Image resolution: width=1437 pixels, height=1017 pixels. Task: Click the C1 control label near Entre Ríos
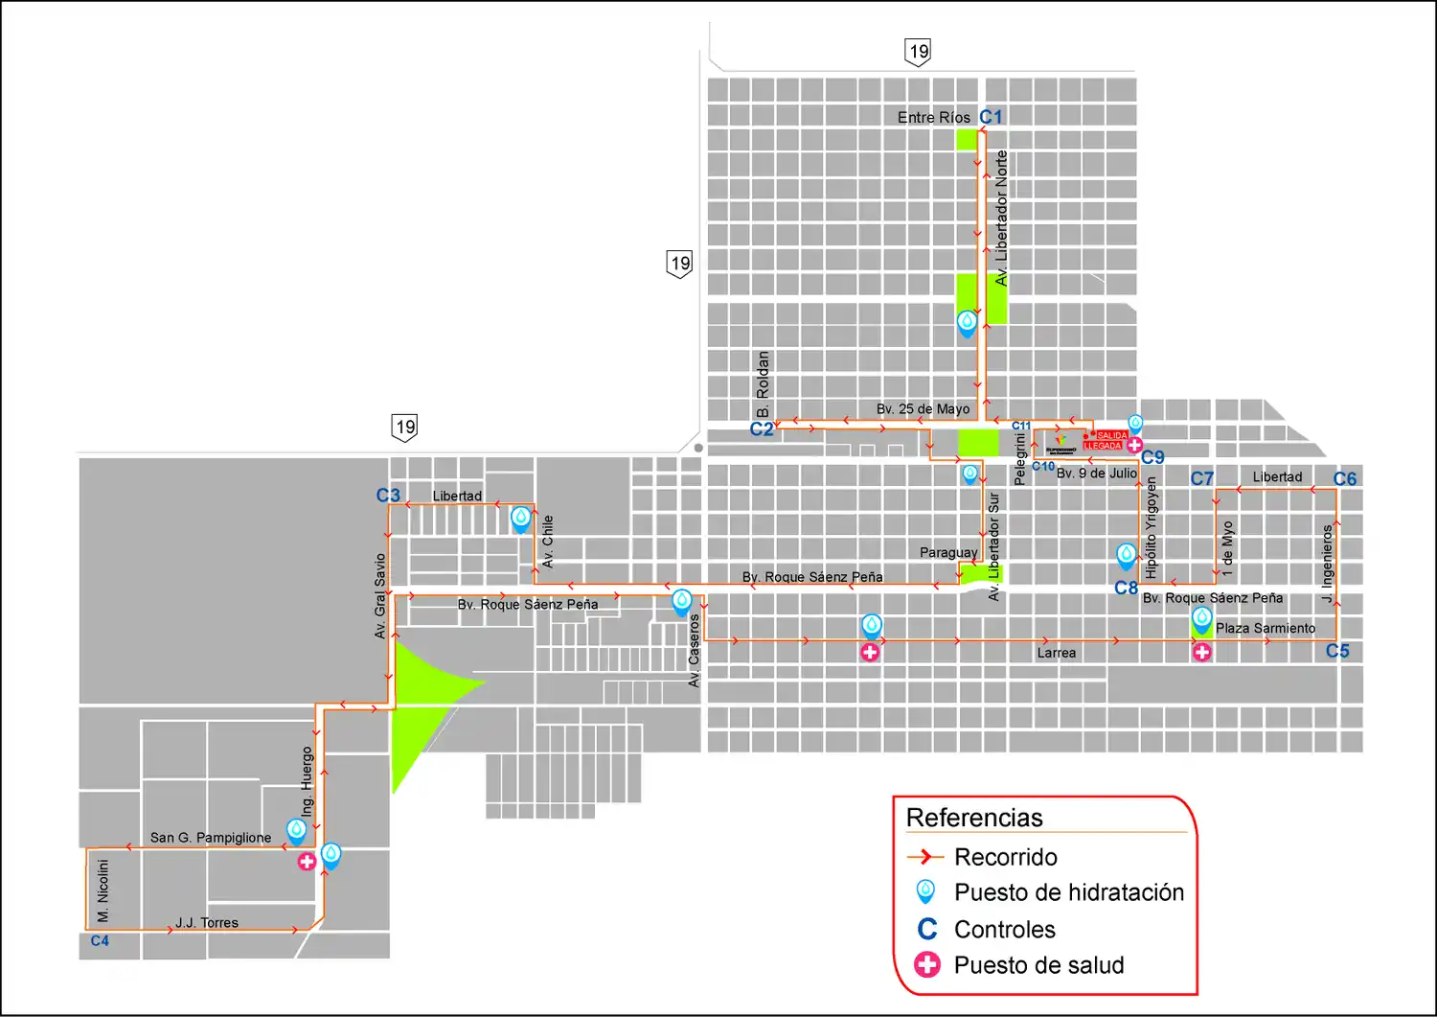click(991, 117)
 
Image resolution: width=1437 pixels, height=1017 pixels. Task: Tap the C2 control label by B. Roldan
click(762, 429)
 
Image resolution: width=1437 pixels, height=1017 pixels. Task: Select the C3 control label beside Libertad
click(388, 496)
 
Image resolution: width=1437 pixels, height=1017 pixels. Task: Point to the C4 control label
click(100, 941)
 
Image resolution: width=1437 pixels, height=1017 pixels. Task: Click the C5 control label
click(1337, 652)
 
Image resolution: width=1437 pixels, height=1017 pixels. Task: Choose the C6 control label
click(1345, 479)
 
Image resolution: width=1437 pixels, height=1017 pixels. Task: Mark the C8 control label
click(1126, 589)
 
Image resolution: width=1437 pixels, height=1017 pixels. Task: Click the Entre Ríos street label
click(933, 118)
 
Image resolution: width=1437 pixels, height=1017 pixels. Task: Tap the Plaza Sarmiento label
click(1266, 629)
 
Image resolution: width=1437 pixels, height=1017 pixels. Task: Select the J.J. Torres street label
click(207, 923)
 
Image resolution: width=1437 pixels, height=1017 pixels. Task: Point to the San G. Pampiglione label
click(211, 838)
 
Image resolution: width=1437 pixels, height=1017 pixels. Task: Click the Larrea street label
click(1056, 654)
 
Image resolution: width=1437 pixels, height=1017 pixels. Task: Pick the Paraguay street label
click(948, 553)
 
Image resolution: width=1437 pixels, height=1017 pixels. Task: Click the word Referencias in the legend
click(974, 818)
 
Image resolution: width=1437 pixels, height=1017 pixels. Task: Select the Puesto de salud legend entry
click(1038, 965)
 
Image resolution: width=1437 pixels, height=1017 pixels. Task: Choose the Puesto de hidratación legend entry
click(1068, 892)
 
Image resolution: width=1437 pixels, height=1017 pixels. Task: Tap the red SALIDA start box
click(1111, 436)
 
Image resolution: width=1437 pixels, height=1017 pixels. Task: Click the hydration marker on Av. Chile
click(520, 519)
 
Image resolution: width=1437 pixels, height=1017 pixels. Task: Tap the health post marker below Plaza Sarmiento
click(1201, 653)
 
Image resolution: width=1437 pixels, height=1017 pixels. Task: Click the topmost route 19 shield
click(918, 52)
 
